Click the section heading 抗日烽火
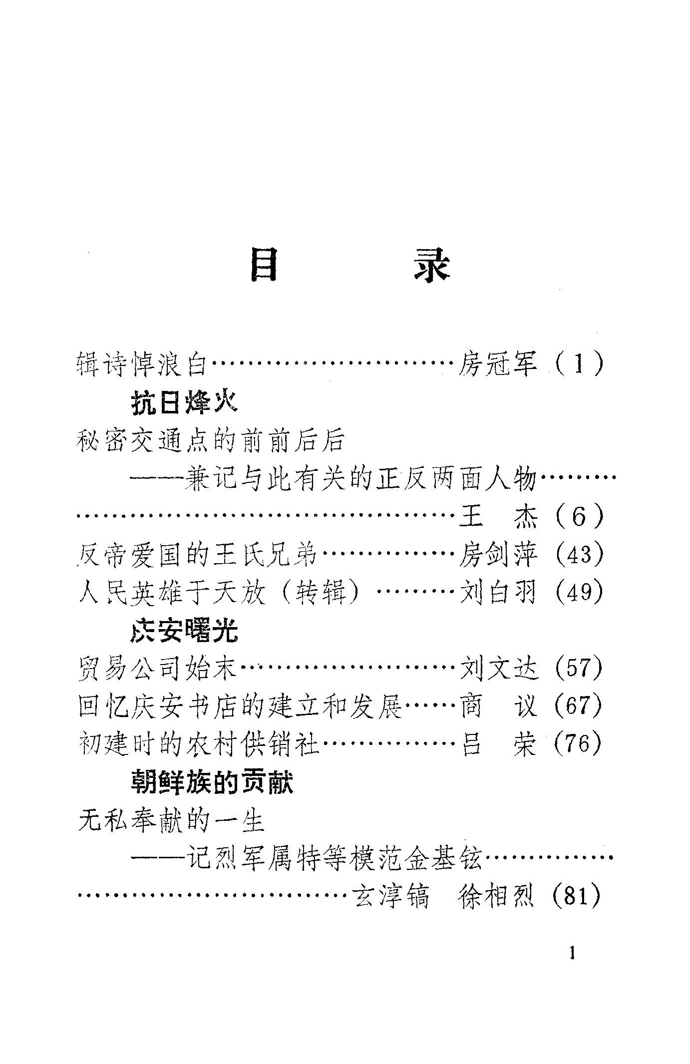tap(184, 402)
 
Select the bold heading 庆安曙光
tap(184, 631)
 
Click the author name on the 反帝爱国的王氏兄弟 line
tap(498, 555)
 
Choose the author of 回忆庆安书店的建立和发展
tap(498, 706)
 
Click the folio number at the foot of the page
tap(572, 954)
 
